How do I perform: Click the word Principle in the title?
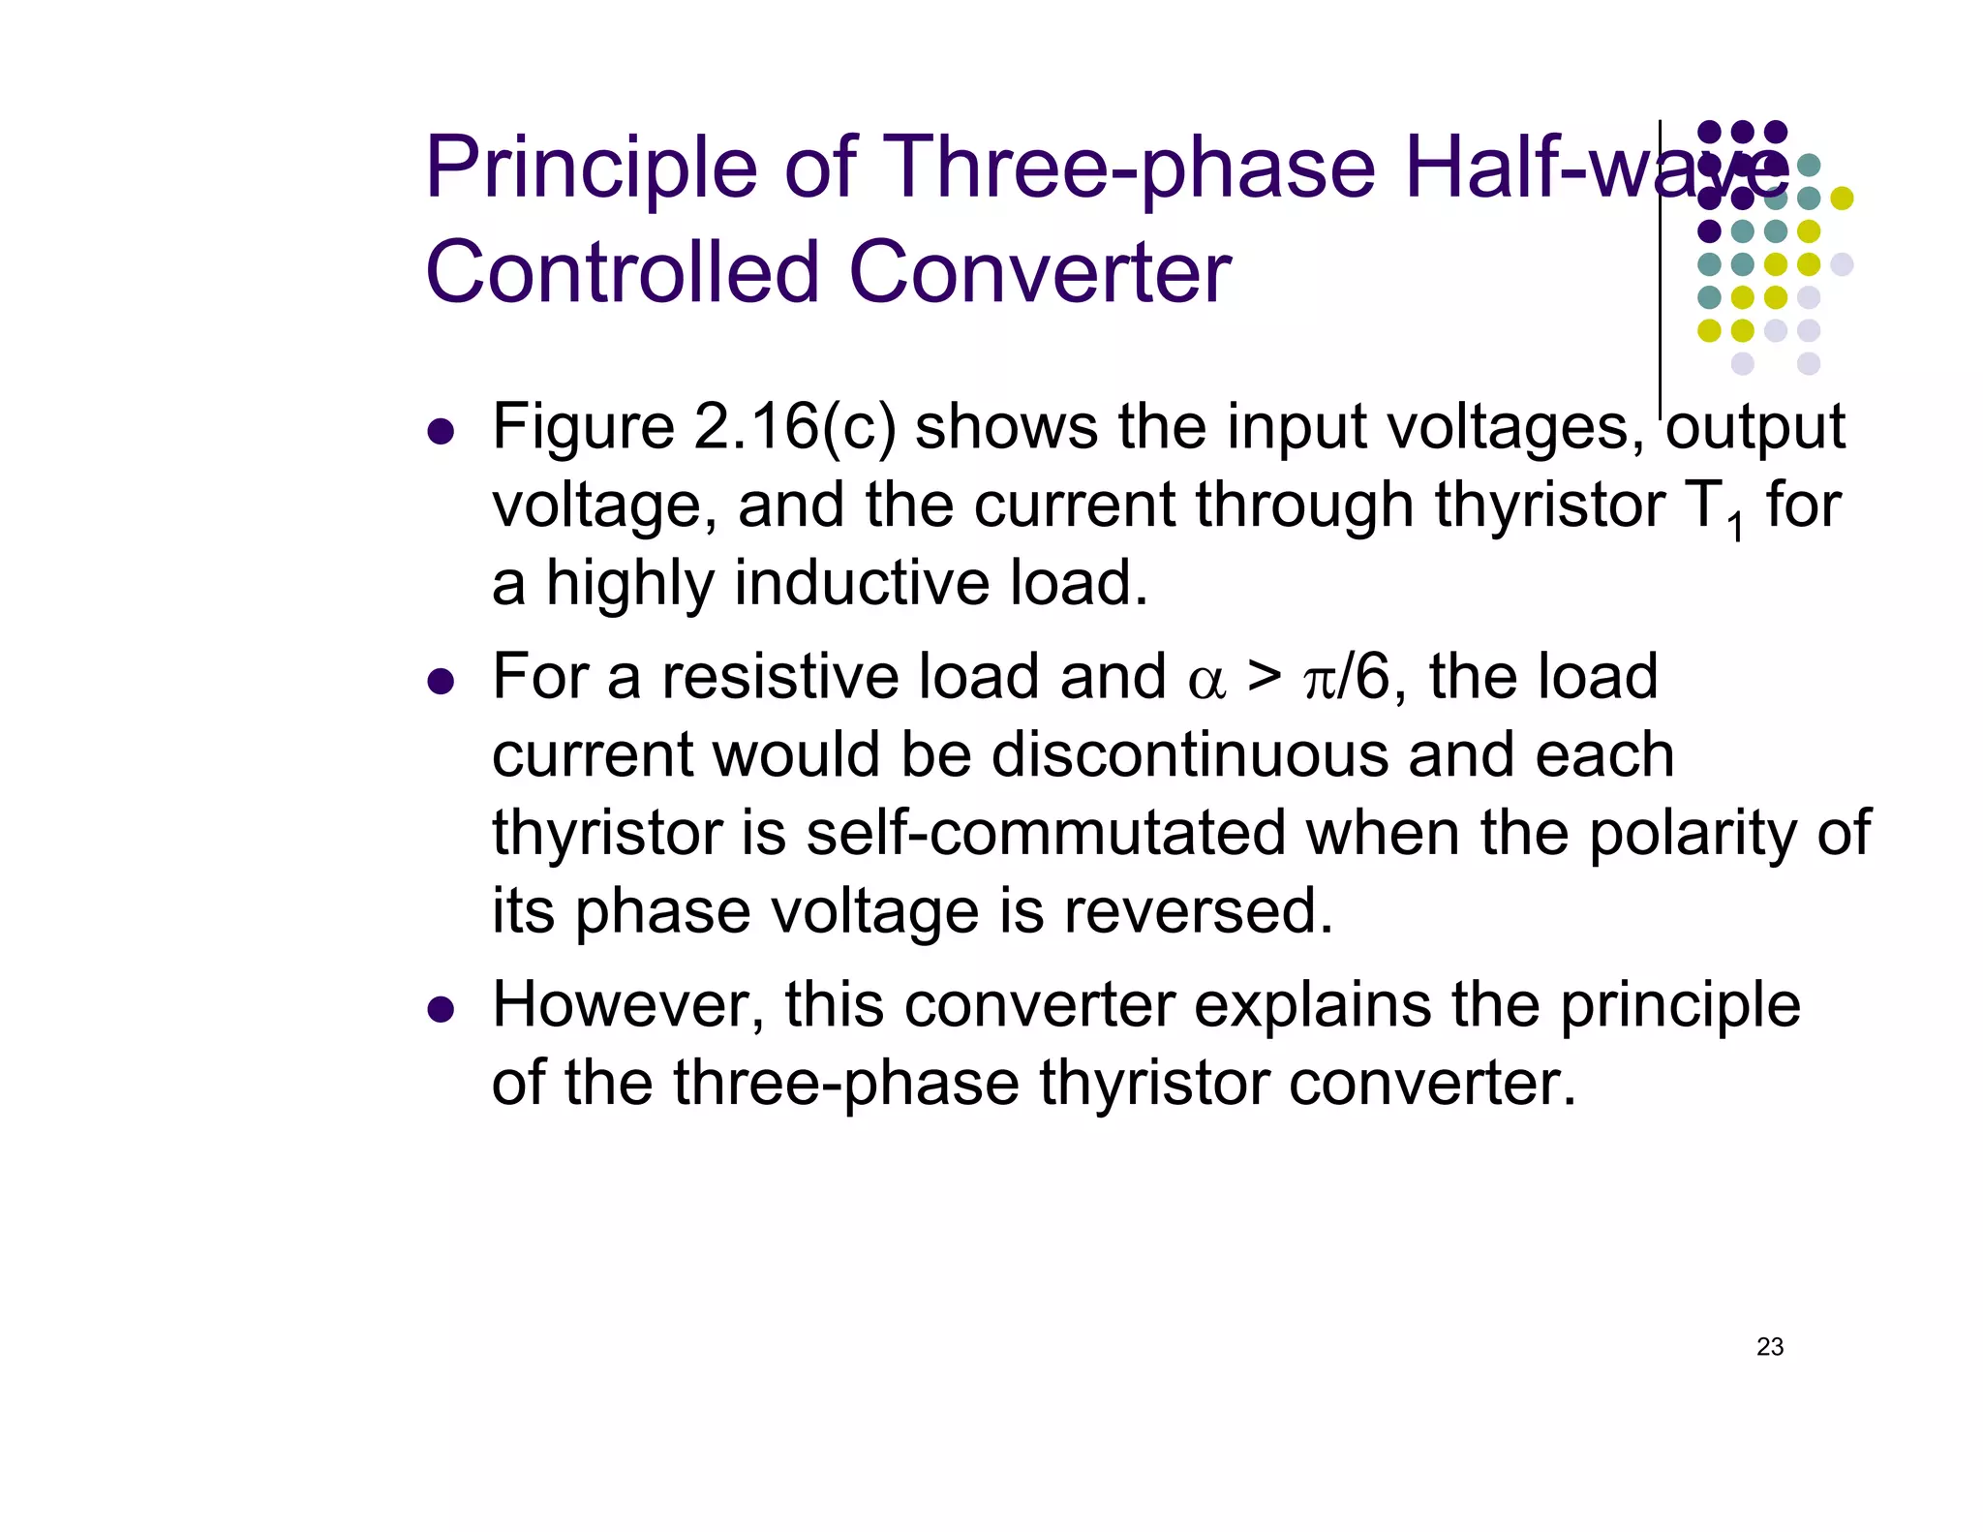[591, 169]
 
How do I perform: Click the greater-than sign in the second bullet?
[1264, 676]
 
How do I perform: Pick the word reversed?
[1199, 911]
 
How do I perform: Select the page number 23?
[1770, 1347]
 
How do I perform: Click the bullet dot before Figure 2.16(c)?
[441, 432]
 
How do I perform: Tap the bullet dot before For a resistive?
[441, 682]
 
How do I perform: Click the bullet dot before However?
[441, 1010]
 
